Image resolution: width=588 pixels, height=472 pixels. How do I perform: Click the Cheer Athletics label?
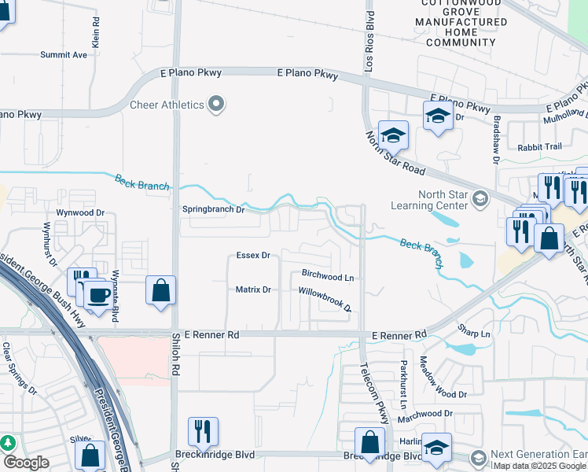click(167, 105)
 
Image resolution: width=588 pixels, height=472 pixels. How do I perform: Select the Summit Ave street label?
click(64, 55)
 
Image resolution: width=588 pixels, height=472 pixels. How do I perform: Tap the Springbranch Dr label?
click(215, 210)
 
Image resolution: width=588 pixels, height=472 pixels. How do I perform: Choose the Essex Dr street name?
click(253, 256)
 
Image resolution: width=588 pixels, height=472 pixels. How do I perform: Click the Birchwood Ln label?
click(328, 277)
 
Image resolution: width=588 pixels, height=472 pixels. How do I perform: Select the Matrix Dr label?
click(253, 289)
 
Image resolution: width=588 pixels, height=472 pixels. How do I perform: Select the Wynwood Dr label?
click(80, 213)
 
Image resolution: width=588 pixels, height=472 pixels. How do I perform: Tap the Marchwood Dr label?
click(425, 414)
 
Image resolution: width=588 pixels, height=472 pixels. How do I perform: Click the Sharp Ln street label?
click(475, 334)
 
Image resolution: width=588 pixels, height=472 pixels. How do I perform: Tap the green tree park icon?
click(8, 443)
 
